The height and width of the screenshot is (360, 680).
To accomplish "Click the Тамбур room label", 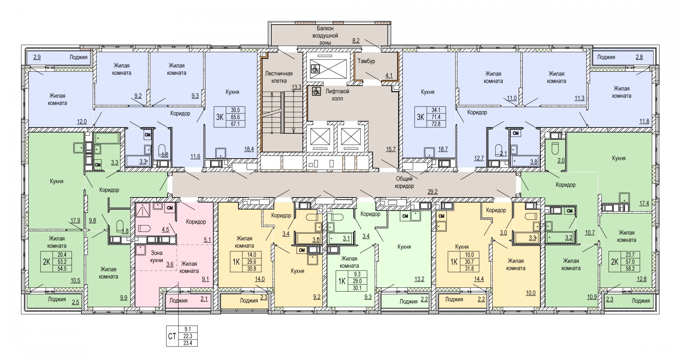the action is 366,61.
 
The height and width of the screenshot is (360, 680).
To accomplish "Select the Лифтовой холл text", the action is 337,95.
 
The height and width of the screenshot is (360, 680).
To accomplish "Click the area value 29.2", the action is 432,192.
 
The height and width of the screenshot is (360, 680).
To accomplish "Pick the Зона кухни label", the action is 157,257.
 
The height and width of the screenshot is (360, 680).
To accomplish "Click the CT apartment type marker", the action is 172,336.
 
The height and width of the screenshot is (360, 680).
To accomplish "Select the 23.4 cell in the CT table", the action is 189,343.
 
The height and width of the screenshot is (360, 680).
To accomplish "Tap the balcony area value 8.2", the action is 356,41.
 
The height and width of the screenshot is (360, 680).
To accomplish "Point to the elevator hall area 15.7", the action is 391,149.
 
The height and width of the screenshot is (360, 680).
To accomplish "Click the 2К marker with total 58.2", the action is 615,262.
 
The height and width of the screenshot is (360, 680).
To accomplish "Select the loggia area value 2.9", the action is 37,57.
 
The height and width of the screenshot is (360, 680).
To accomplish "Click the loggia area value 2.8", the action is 639,57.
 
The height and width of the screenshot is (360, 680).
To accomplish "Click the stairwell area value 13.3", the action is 296,87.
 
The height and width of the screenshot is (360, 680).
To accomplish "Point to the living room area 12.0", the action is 82,121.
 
